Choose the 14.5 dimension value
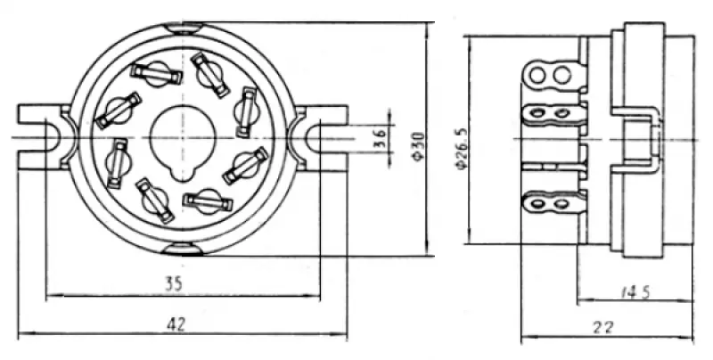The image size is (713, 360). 636,290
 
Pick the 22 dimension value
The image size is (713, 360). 604,327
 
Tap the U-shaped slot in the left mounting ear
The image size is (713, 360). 49,139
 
